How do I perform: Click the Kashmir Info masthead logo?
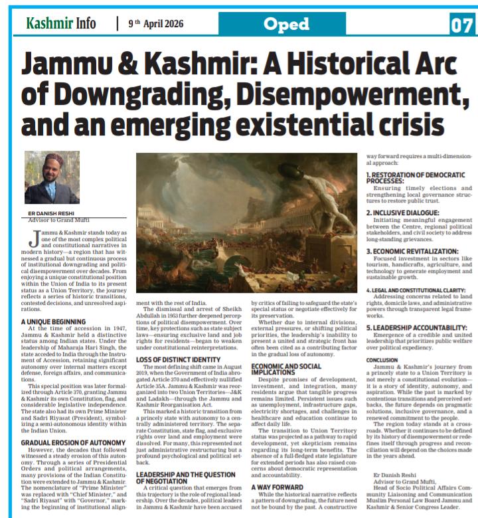click(x=60, y=24)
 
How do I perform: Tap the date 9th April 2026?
click(x=155, y=24)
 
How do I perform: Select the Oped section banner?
click(x=286, y=25)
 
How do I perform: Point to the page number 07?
click(x=462, y=25)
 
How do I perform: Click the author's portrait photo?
click(x=52, y=177)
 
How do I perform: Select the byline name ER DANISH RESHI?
click(x=58, y=213)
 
